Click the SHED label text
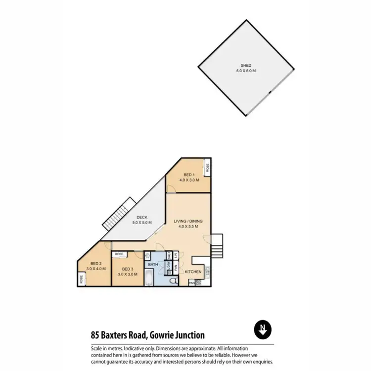click(246, 65)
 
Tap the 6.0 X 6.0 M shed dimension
click(246, 71)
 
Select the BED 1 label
click(188, 175)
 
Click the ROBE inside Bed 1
click(208, 168)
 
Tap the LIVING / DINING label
click(188, 221)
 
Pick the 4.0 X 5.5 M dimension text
click(188, 227)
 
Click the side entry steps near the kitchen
click(218, 246)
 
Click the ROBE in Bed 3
click(119, 254)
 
